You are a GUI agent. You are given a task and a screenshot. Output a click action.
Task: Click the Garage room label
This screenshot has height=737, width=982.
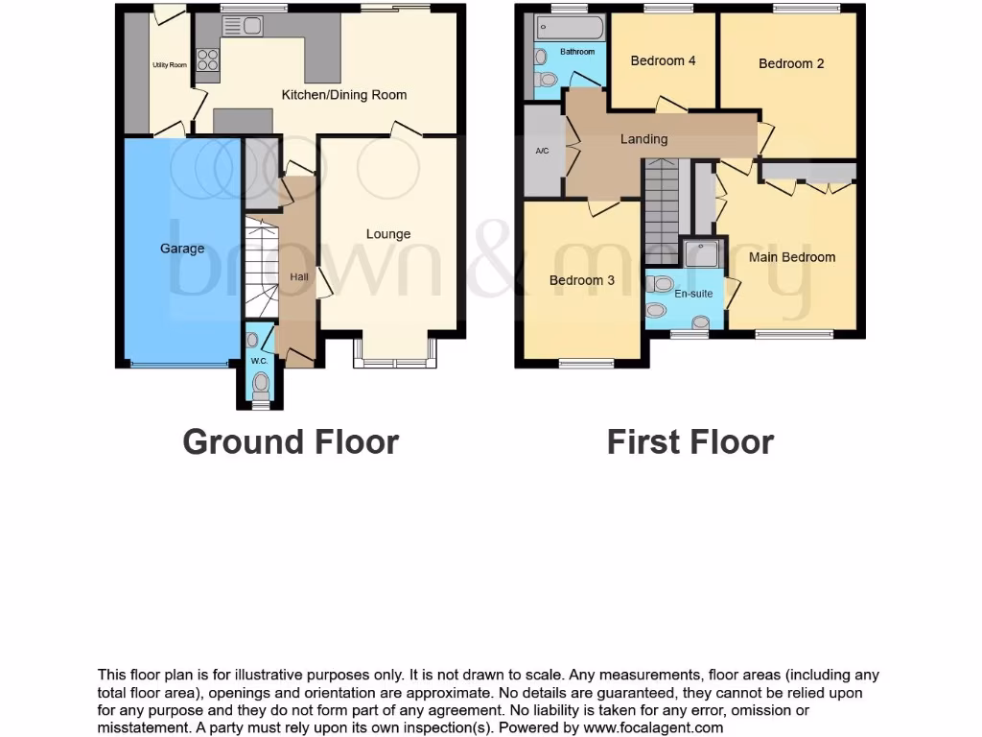click(182, 249)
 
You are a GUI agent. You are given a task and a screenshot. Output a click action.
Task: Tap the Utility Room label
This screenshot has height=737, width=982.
click(170, 65)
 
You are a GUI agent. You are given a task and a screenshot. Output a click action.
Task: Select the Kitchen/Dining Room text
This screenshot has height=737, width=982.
click(343, 95)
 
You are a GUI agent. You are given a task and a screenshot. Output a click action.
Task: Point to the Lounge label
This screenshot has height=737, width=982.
click(388, 233)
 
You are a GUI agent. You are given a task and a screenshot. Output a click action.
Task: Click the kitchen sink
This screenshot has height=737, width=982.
click(243, 27)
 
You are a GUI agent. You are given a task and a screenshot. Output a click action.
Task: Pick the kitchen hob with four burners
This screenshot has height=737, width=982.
click(207, 59)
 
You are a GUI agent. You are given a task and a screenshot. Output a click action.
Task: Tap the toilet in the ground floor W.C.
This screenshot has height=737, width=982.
click(260, 384)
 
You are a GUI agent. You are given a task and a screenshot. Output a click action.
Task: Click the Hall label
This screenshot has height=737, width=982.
click(299, 277)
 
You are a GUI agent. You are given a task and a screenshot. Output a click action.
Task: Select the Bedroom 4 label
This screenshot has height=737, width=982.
click(663, 60)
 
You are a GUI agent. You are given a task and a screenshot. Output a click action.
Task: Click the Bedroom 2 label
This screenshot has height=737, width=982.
click(791, 63)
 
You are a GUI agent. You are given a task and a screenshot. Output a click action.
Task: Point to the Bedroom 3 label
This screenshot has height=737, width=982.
click(582, 280)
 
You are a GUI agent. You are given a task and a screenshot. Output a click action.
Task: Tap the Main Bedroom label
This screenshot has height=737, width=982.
click(792, 257)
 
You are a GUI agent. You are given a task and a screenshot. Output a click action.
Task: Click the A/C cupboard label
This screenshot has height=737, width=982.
click(542, 151)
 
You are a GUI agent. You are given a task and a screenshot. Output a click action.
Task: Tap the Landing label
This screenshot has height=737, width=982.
click(643, 139)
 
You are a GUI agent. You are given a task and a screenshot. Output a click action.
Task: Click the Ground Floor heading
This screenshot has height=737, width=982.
click(291, 441)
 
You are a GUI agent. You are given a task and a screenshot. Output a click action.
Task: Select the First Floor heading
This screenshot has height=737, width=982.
click(690, 441)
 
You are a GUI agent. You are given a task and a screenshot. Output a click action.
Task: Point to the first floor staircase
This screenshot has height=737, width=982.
click(662, 211)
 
